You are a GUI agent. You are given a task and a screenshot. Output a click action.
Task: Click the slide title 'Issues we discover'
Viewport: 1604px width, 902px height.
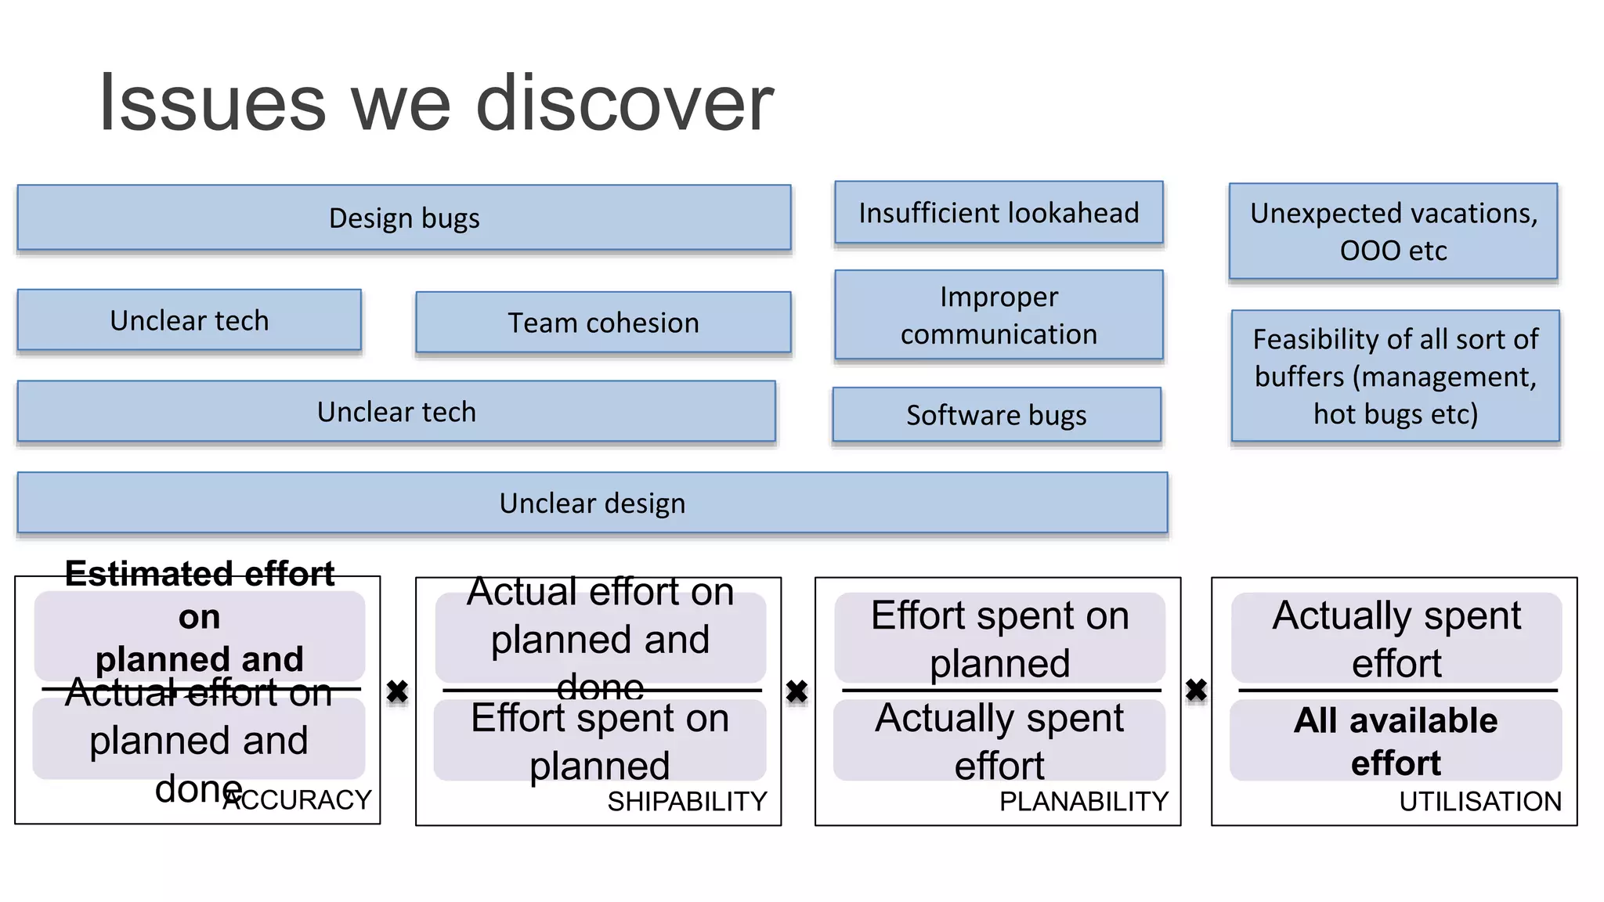tap(435, 103)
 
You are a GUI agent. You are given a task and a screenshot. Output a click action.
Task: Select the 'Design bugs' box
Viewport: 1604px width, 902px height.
tap(404, 218)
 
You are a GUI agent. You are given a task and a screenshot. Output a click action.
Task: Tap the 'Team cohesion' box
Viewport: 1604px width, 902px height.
tap(603, 323)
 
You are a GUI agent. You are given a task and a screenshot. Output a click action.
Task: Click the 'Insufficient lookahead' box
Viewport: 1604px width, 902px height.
tap(999, 213)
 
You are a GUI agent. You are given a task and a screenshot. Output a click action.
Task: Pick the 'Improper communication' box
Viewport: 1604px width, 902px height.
tap(999, 316)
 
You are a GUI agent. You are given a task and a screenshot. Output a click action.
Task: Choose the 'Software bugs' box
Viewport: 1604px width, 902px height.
tap(996, 415)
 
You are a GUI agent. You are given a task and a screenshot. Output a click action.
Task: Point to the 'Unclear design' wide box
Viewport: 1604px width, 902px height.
tap(592, 503)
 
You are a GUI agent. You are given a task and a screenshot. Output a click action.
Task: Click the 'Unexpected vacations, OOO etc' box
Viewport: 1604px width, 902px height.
tap(1393, 232)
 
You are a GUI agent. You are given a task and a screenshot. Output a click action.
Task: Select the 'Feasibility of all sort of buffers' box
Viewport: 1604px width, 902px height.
tap(1395, 377)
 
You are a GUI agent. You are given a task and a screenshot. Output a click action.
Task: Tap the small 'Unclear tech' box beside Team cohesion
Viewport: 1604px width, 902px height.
tap(190, 320)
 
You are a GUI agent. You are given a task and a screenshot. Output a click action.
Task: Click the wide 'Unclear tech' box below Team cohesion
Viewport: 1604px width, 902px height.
tap(396, 412)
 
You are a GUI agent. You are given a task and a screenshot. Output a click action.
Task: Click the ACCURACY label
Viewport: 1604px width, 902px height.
tap(298, 799)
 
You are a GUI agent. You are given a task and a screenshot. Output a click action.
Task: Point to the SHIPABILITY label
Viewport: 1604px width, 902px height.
tap(687, 801)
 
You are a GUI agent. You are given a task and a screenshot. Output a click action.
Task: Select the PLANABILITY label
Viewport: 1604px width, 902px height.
tap(1083, 801)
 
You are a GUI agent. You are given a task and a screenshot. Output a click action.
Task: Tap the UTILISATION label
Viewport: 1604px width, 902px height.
tap(1479, 801)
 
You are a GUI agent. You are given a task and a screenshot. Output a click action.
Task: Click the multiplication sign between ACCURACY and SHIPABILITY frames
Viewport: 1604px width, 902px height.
tap(398, 691)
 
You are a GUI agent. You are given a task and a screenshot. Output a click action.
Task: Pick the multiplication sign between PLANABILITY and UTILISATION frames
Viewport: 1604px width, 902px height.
tap(1196, 690)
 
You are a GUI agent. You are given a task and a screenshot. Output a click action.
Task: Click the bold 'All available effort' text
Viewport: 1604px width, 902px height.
tap(1395, 741)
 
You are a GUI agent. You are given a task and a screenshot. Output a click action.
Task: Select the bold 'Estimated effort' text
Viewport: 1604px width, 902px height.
tap(200, 575)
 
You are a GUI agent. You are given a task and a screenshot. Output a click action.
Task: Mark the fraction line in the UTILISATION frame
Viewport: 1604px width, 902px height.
tap(1397, 691)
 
